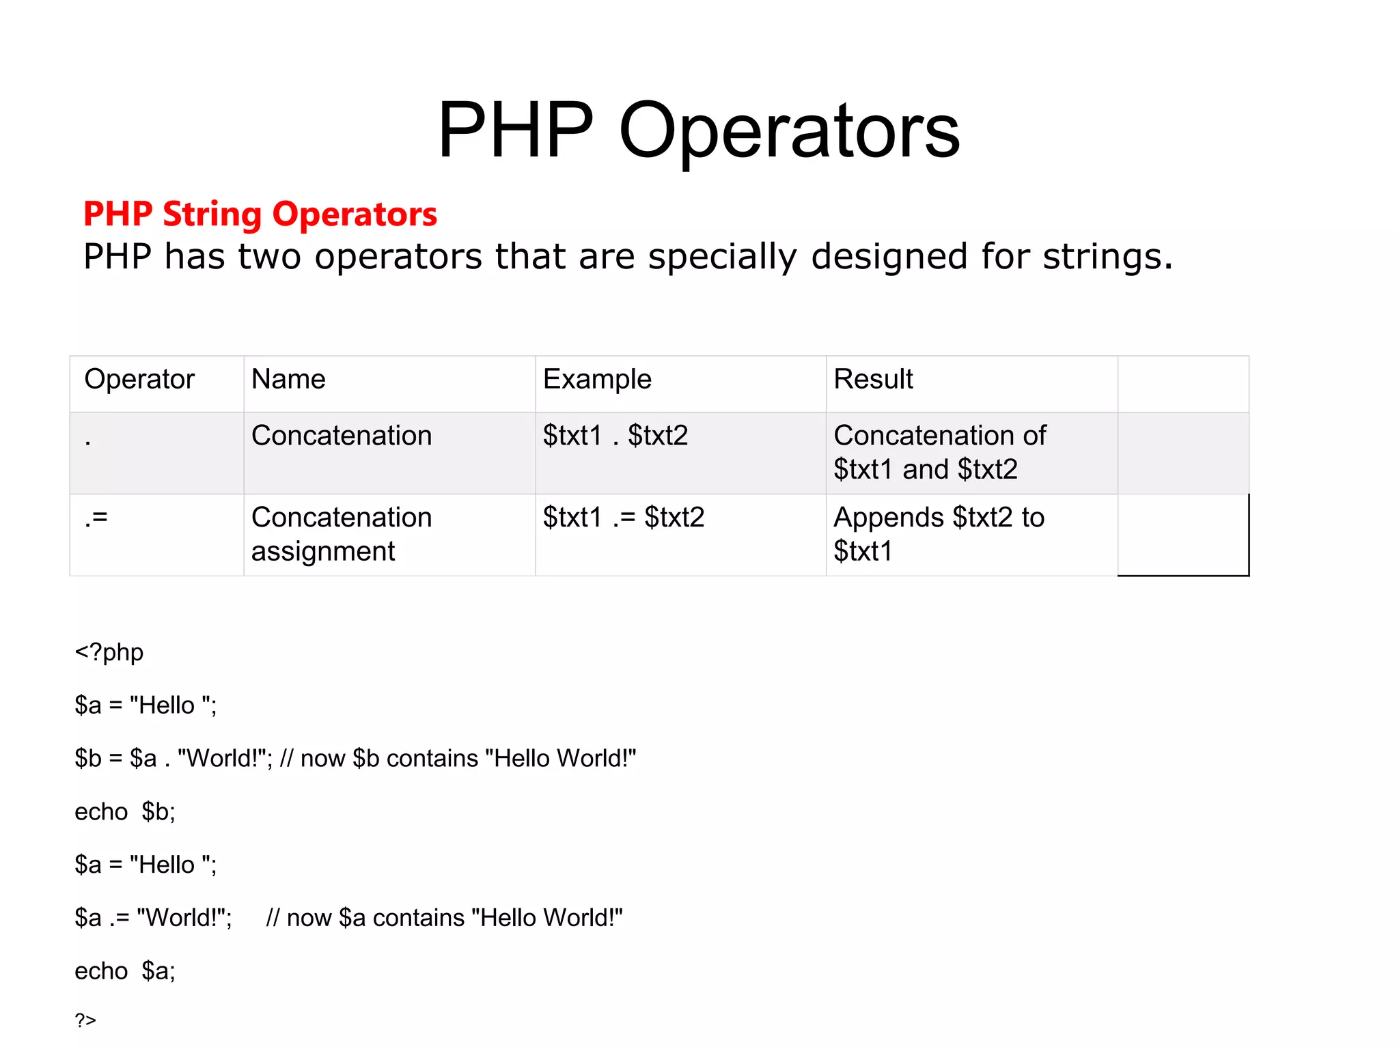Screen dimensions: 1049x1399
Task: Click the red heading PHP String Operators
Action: (x=260, y=214)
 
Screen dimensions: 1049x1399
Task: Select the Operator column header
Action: (x=139, y=379)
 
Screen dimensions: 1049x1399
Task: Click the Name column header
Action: (x=288, y=379)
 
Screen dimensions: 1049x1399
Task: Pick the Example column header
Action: (x=597, y=379)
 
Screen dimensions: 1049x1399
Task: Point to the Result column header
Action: (x=873, y=379)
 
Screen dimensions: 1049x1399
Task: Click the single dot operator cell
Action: (x=88, y=441)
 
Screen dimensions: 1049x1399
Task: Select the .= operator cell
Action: (x=96, y=518)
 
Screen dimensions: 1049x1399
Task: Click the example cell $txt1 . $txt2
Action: (x=615, y=436)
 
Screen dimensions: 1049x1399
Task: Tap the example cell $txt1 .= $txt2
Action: (x=623, y=518)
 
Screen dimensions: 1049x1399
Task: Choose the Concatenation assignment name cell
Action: (x=342, y=534)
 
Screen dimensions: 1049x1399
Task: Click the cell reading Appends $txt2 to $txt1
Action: (x=939, y=534)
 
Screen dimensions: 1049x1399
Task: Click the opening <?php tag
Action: (x=109, y=652)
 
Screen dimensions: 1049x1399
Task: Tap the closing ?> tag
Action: (x=85, y=1020)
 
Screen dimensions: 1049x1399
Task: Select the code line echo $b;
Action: (x=125, y=812)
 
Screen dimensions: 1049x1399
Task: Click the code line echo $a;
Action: (x=125, y=971)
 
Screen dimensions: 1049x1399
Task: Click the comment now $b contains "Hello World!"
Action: (x=458, y=759)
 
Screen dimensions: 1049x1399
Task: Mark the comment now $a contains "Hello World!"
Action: (x=444, y=918)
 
